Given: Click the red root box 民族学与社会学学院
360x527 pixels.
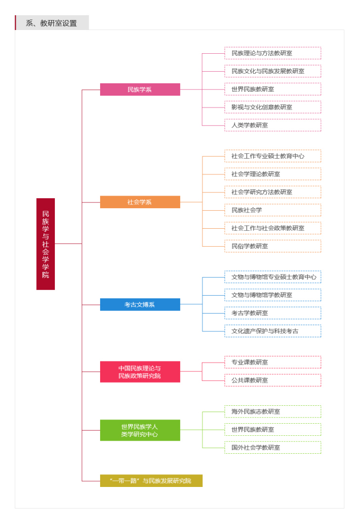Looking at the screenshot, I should click(45, 243).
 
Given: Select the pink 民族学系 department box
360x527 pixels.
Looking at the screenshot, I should click(140, 90).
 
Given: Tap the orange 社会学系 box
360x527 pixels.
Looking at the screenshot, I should click(140, 202).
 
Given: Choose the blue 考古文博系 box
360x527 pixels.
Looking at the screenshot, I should click(140, 305).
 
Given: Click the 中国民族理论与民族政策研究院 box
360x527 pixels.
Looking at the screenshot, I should click(140, 372).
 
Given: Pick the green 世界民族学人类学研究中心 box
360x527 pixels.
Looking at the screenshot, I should click(140, 430).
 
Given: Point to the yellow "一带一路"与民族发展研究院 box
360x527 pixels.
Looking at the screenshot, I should click(151, 481).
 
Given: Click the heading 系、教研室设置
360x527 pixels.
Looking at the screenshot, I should click(52, 23).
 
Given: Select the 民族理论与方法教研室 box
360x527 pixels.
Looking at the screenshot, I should click(273, 53).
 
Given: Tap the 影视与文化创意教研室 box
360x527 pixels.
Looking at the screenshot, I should click(273, 107).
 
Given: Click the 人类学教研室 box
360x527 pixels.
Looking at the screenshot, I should click(273, 125).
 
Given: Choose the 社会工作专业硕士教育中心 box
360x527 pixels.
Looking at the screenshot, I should click(273, 156).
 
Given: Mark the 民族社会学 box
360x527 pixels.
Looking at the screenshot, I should click(273, 210).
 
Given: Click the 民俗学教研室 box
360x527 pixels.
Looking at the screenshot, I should click(273, 246).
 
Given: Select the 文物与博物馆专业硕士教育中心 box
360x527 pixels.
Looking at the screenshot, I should click(273, 277).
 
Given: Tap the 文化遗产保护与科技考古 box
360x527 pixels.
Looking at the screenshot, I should click(273, 331).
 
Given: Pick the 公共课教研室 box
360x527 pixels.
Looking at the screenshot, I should click(273, 380).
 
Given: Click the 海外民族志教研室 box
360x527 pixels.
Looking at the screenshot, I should click(273, 412).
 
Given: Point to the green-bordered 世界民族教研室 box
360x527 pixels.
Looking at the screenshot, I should click(273, 430).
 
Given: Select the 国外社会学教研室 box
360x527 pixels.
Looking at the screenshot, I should click(273, 447).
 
